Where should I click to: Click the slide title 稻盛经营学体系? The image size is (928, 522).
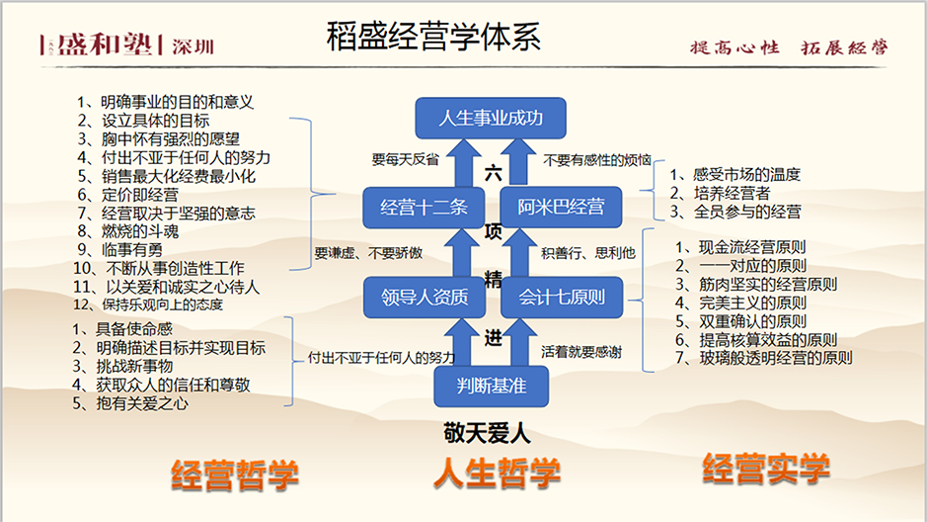433,36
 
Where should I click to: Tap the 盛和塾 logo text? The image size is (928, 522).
105,43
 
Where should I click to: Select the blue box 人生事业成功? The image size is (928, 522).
491,118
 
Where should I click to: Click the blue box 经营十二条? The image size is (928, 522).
424,207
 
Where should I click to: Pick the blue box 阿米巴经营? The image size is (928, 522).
561,207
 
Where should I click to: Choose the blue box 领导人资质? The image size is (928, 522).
425,297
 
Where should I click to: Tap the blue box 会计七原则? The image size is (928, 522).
562,297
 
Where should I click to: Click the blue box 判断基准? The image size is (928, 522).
492,387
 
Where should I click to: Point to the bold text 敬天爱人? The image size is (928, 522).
487,433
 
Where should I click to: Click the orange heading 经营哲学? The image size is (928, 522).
235,476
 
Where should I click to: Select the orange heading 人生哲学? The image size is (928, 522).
498,474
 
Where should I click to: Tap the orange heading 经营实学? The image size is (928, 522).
766,468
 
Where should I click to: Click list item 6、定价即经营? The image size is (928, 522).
128,195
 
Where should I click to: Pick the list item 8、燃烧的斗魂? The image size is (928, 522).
128,231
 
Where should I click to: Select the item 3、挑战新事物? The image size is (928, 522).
122,366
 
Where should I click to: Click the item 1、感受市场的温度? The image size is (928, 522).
735,174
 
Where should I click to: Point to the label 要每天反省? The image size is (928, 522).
406,159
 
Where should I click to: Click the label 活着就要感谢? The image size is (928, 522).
581,352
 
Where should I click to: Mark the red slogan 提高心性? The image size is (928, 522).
735,47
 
